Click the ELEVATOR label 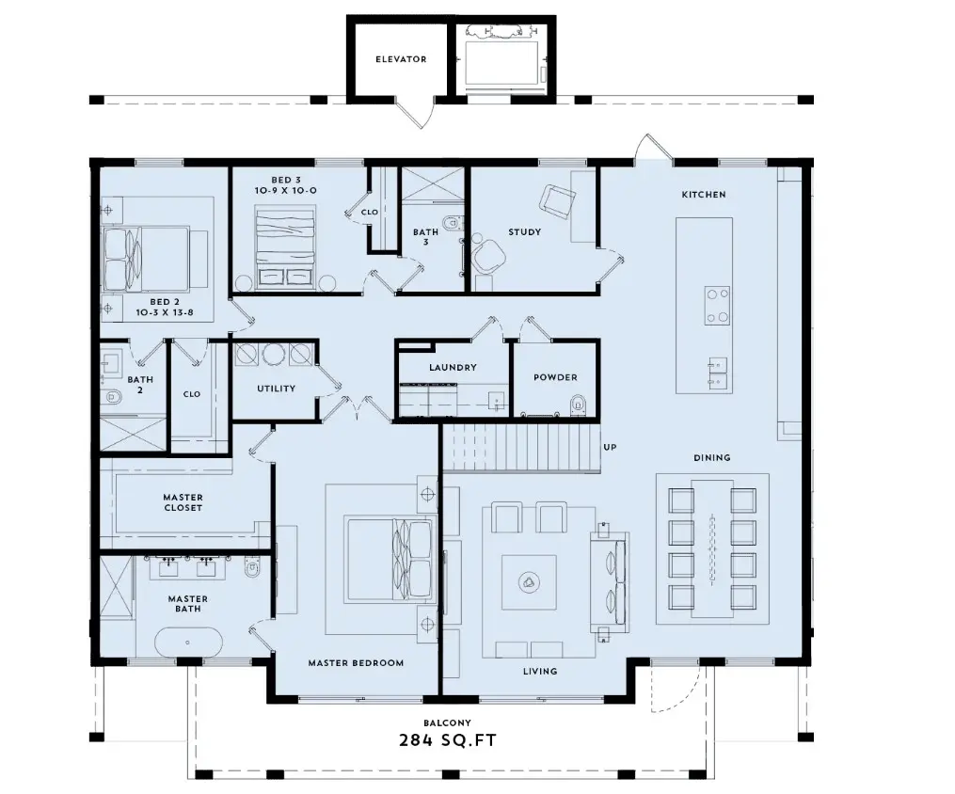[x=401, y=59]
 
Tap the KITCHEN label [x=704, y=194]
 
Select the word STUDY [x=524, y=232]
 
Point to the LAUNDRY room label [x=453, y=367]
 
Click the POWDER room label [x=555, y=377]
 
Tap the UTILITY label [x=276, y=389]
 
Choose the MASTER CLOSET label [x=183, y=502]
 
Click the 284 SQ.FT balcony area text [x=448, y=740]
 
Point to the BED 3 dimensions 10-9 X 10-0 [x=286, y=191]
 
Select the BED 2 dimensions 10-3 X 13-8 [x=165, y=312]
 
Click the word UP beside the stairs [x=611, y=447]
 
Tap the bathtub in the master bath [x=187, y=643]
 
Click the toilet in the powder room [x=578, y=405]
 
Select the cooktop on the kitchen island [x=717, y=306]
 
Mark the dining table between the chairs [x=712, y=548]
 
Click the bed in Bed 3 [x=286, y=246]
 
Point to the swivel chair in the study [x=488, y=257]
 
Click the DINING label [x=712, y=457]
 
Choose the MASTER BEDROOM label [x=356, y=663]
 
